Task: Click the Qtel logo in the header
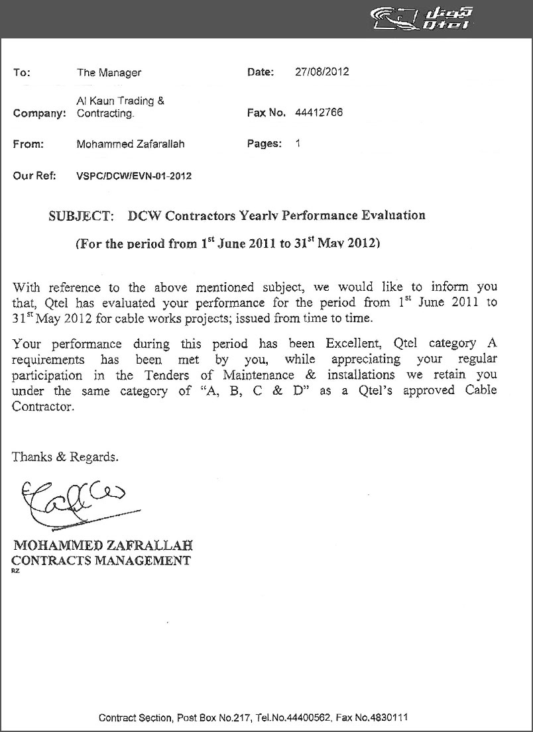(x=420, y=19)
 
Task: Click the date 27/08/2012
(x=322, y=72)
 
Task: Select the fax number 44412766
(x=319, y=113)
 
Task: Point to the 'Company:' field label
(x=40, y=113)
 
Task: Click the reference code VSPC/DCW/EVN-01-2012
(x=135, y=176)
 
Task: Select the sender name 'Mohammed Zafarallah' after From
(x=131, y=144)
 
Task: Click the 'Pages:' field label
(x=265, y=143)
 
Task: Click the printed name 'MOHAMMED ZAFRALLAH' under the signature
(x=103, y=547)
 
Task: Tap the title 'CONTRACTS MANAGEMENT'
(x=101, y=560)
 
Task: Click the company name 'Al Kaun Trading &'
(x=121, y=101)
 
